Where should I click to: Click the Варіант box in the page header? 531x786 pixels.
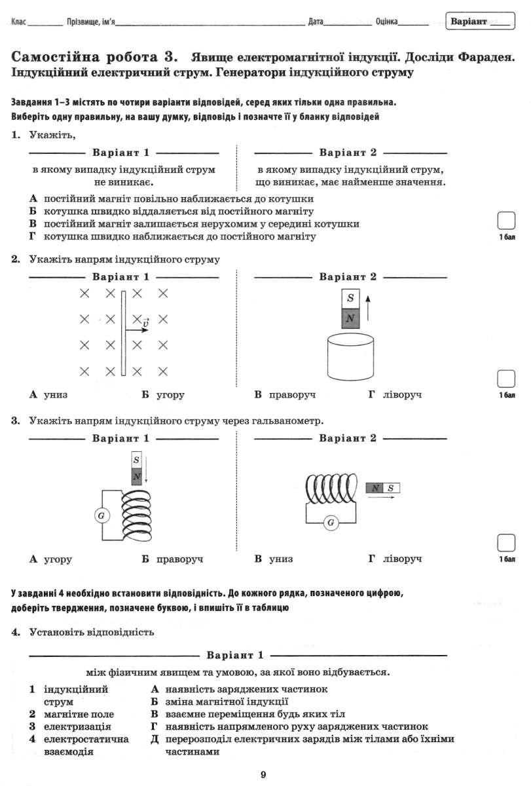click(x=480, y=21)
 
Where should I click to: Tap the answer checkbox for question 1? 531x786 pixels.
click(x=506, y=221)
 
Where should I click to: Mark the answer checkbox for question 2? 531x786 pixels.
click(x=506, y=379)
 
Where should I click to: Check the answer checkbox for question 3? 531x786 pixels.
click(x=506, y=543)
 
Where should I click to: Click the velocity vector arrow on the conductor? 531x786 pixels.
click(x=137, y=330)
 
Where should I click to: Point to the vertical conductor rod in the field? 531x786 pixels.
click(x=124, y=333)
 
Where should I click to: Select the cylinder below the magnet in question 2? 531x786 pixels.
click(x=350, y=357)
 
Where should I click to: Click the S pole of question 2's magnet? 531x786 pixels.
click(x=350, y=299)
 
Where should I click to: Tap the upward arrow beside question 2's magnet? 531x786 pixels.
click(x=367, y=308)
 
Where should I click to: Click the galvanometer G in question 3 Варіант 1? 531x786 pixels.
click(x=101, y=515)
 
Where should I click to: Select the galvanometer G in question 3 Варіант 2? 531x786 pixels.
click(x=331, y=523)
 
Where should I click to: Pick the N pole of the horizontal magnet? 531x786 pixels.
click(x=375, y=488)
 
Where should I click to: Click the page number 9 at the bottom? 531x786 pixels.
click(x=263, y=774)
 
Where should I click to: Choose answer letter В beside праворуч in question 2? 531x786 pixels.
click(x=258, y=394)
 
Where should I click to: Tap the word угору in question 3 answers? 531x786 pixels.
click(x=58, y=559)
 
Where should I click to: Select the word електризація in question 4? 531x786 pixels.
click(x=77, y=726)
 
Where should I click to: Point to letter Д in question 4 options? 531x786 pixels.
click(x=155, y=739)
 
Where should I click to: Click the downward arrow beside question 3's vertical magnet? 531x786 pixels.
click(x=146, y=470)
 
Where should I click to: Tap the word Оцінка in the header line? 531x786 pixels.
click(x=386, y=22)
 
